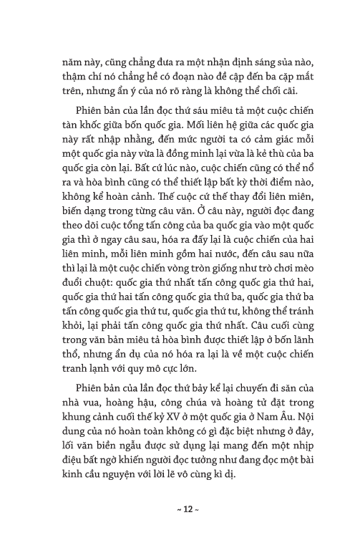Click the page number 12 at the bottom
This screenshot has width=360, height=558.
180,511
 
